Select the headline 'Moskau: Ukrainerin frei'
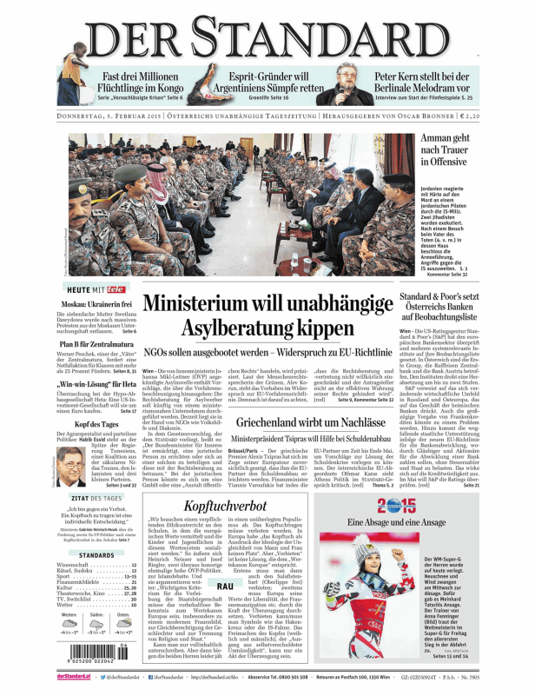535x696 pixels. (95, 306)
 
